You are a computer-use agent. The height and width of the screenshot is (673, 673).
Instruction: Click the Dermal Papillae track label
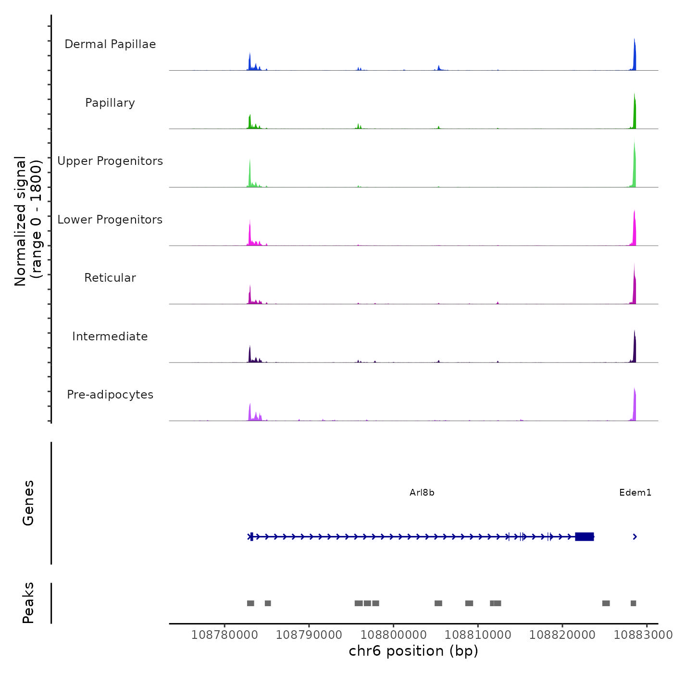tap(110, 44)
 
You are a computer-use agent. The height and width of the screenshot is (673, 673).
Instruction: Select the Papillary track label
tap(110, 103)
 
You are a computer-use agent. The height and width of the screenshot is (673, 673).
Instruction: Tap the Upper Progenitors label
tap(110, 161)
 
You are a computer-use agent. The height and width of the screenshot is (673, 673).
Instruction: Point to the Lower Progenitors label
tap(110, 220)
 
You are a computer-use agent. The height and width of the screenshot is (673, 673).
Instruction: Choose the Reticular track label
tap(110, 278)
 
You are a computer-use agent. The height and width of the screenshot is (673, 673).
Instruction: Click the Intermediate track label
tap(110, 336)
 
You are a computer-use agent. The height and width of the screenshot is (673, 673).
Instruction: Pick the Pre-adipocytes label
tap(110, 395)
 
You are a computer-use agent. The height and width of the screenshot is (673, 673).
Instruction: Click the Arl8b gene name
tap(422, 493)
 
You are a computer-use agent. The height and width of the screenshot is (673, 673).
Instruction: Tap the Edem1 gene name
tap(635, 493)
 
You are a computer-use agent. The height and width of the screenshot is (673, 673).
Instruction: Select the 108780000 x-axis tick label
tap(224, 635)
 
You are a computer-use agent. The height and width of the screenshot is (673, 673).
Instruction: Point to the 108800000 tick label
tap(393, 635)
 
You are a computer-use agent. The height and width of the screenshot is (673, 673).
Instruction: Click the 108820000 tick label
tap(562, 635)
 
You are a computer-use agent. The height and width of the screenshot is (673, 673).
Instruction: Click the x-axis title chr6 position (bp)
tap(413, 651)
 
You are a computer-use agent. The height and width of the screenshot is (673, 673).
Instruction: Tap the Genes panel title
tap(28, 503)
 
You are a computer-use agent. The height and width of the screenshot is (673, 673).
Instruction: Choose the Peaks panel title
tap(28, 603)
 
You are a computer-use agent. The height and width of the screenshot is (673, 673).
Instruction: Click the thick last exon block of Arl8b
tap(585, 536)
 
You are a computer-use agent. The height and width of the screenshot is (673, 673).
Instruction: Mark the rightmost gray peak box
tap(633, 603)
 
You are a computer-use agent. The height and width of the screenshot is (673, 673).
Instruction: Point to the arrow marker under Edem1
tap(635, 536)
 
